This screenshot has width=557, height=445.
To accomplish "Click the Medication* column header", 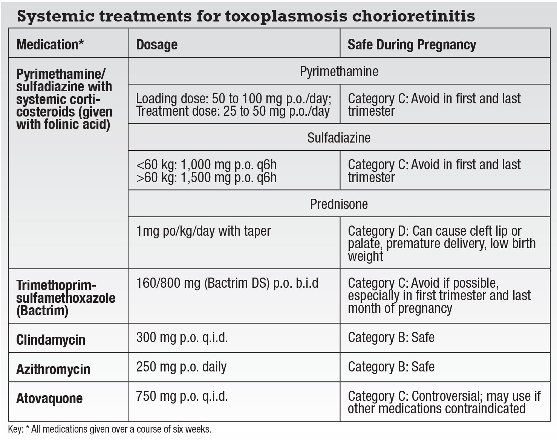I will pyautogui.click(x=50, y=44).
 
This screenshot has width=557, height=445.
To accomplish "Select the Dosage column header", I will pyautogui.click(x=157, y=44).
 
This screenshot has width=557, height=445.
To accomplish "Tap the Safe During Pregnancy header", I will pyautogui.click(x=412, y=44).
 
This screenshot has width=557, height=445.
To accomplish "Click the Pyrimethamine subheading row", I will pyautogui.click(x=339, y=71).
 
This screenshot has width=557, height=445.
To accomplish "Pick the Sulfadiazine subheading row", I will pyautogui.click(x=339, y=138).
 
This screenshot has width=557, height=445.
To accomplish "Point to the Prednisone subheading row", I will pyautogui.click(x=339, y=204).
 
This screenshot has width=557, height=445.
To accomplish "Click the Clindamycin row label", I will pyautogui.click(x=51, y=339).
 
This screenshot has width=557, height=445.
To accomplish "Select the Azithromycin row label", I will pyautogui.click(x=53, y=369).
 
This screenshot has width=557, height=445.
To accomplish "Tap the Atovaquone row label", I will pyautogui.click(x=49, y=398).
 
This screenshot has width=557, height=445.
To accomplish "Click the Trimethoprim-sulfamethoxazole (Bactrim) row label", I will pyautogui.click(x=66, y=298).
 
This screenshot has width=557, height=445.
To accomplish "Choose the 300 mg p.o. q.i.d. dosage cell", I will pyautogui.click(x=182, y=337).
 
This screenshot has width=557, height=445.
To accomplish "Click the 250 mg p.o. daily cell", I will pyautogui.click(x=181, y=367).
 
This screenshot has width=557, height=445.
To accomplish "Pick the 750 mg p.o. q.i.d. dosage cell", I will pyautogui.click(x=182, y=396).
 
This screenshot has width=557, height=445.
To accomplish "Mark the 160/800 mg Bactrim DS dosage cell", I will pyautogui.click(x=227, y=283).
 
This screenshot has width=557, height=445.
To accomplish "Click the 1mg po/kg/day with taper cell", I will pyautogui.click(x=204, y=231).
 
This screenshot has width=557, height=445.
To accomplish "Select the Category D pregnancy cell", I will pyautogui.click(x=441, y=243).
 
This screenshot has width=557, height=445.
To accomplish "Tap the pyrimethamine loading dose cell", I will pyautogui.click(x=234, y=104).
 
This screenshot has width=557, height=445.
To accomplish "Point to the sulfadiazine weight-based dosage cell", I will pyautogui.click(x=207, y=171).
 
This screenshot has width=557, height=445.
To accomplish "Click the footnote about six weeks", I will pyautogui.click(x=110, y=429).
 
